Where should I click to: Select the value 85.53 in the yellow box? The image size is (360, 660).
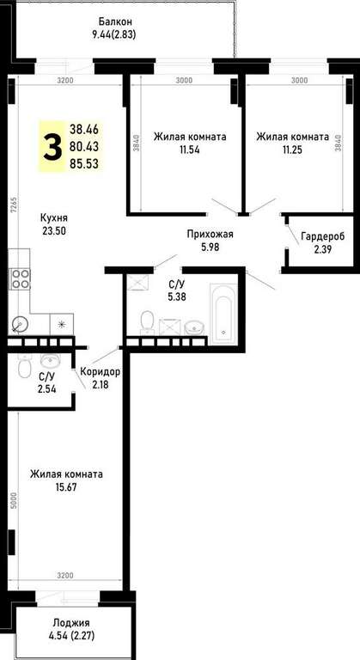click(x=84, y=163)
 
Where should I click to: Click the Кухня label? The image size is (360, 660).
click(x=54, y=218)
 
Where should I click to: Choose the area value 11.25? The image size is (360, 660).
click(x=292, y=149)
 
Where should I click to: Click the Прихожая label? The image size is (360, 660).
click(x=211, y=235)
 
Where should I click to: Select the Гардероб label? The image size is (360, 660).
click(x=322, y=236)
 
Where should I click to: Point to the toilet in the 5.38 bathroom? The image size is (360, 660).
click(x=148, y=322)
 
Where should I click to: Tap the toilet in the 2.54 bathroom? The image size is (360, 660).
click(x=24, y=367)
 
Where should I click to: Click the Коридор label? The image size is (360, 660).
click(x=101, y=372)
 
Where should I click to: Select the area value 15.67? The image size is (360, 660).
click(x=66, y=487)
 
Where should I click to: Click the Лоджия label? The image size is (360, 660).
click(x=71, y=623)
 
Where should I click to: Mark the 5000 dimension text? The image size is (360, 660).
click(x=13, y=500)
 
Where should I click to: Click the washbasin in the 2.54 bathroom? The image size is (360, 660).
click(x=51, y=359)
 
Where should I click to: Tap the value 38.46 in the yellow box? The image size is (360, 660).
click(x=84, y=130)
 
